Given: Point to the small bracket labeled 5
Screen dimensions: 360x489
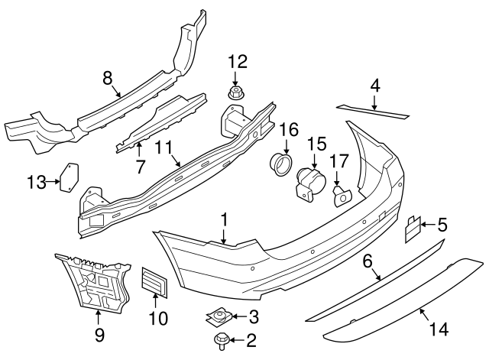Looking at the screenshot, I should [x=413, y=228].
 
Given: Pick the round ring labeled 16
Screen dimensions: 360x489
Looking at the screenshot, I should [x=282, y=163].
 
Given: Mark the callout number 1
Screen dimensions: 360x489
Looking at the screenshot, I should [x=225, y=219].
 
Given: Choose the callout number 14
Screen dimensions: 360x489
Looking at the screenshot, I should [x=439, y=329].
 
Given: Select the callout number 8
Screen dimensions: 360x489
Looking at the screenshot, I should [x=107, y=77].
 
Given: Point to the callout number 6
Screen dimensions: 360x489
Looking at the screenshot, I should [x=367, y=262].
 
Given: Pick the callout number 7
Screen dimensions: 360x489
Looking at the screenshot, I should [x=139, y=165].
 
